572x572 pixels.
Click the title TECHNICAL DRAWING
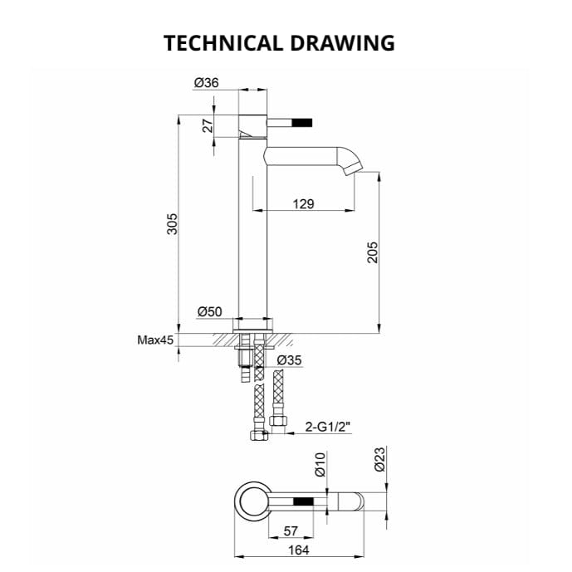tap(279, 42)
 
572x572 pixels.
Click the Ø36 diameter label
tap(206, 82)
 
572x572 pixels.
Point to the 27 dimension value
tap(209, 125)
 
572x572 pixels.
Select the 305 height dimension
tap(173, 223)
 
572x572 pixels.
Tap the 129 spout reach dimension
tap(303, 203)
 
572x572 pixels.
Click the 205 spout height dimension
tap(373, 252)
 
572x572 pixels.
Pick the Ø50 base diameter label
tap(209, 312)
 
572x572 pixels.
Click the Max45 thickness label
tap(155, 340)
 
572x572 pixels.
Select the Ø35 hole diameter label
tap(288, 360)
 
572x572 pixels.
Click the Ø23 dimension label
tap(380, 460)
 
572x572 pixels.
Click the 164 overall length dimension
tap(300, 550)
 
